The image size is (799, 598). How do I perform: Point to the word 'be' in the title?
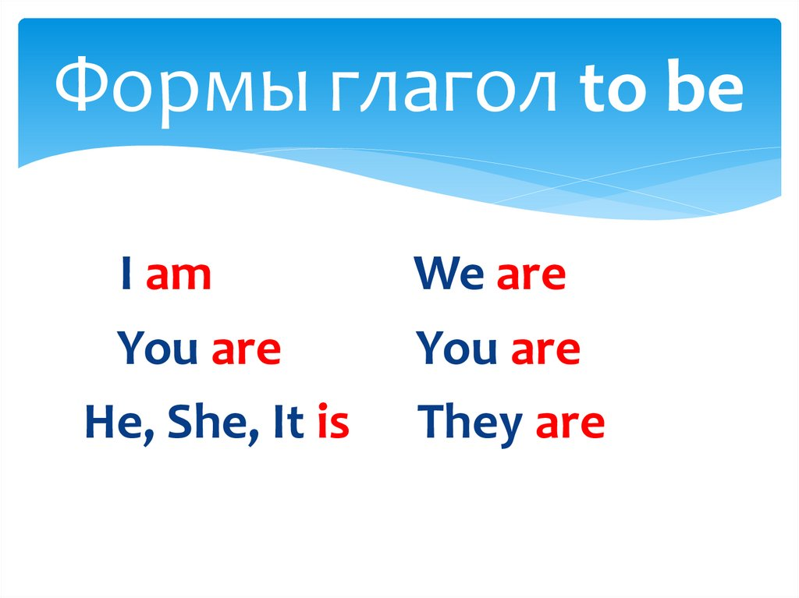tap(705, 84)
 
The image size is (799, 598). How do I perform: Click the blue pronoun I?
tap(126, 274)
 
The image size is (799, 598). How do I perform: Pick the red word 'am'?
tap(179, 277)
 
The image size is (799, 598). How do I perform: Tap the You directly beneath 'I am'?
tap(157, 348)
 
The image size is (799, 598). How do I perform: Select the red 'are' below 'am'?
tap(246, 350)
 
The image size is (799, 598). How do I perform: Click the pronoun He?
tap(114, 422)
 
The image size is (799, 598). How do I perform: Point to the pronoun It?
tap(289, 422)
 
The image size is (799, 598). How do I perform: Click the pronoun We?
tap(449, 274)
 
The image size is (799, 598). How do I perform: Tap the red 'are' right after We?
tap(531, 277)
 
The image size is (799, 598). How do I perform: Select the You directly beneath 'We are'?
tap(456, 348)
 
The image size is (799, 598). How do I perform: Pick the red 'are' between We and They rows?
tap(545, 350)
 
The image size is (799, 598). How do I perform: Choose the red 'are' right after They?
tap(570, 424)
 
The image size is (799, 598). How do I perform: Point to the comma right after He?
tap(149, 438)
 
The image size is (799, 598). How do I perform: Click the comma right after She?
tap(254, 438)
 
